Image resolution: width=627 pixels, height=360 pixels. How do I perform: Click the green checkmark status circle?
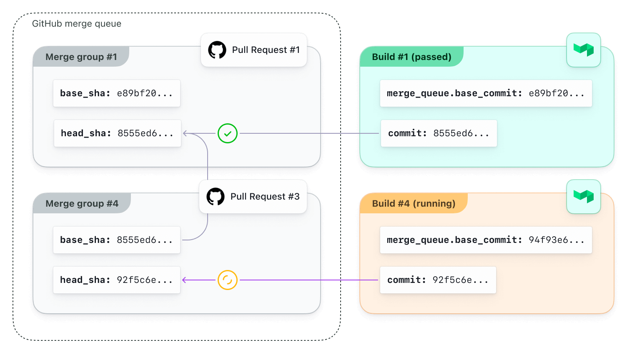(228, 134)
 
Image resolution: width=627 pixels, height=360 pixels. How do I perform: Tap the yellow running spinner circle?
(228, 280)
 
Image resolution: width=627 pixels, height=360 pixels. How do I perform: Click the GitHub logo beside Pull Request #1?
(217, 50)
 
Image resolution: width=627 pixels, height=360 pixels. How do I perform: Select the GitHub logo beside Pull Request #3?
(216, 197)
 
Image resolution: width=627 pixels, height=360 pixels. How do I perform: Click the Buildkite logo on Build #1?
(583, 50)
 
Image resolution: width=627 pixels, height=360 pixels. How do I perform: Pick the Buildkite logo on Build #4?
(583, 197)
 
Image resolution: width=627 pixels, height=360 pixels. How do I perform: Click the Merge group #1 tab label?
(81, 57)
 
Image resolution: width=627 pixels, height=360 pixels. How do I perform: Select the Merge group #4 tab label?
(82, 204)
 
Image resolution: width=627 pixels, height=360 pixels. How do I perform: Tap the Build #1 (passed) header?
(411, 57)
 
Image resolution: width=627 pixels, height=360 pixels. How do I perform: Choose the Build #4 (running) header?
(414, 204)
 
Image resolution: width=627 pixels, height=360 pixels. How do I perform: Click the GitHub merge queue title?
(77, 24)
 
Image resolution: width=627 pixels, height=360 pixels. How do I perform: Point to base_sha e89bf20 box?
(117, 93)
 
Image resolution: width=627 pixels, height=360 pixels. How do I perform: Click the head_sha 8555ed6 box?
(118, 133)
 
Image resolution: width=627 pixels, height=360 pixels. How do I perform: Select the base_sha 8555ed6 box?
(117, 240)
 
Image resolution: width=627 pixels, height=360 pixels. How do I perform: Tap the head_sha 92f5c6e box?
(117, 280)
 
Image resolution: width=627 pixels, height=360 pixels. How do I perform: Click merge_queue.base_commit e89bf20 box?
(486, 93)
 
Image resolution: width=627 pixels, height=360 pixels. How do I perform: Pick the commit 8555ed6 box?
(439, 133)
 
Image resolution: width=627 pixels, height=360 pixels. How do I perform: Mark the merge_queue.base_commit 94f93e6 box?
(486, 240)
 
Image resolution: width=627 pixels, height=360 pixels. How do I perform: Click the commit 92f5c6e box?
(438, 280)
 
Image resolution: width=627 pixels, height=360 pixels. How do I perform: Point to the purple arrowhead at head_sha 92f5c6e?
(184, 280)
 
